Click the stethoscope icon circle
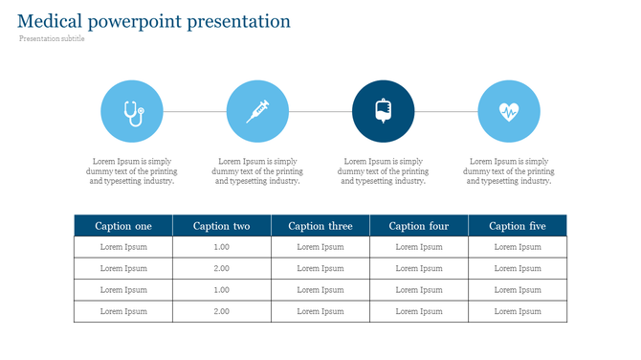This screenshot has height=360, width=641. point(132,111)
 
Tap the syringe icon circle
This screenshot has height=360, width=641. point(257,111)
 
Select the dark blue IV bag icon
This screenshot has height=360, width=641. point(383,111)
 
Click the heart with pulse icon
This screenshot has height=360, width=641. point(508,111)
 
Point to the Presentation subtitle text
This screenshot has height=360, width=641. point(52,39)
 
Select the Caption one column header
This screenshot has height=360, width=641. point(123,226)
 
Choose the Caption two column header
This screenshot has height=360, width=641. point(222,226)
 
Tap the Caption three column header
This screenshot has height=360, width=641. point(320,226)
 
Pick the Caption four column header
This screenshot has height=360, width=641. point(419,226)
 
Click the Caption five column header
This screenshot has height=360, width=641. point(518,226)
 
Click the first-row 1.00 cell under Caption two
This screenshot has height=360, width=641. point(222,247)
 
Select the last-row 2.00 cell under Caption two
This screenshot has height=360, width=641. point(222,311)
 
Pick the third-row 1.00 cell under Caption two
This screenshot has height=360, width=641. point(222,290)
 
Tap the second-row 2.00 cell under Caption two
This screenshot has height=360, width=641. point(222,268)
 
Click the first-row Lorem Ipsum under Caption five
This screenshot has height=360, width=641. point(518,247)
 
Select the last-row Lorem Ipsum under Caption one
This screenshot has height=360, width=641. point(123,311)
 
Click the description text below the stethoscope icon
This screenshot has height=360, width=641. point(132,171)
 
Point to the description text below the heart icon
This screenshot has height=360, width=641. point(508,171)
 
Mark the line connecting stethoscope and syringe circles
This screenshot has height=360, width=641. point(194,111)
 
